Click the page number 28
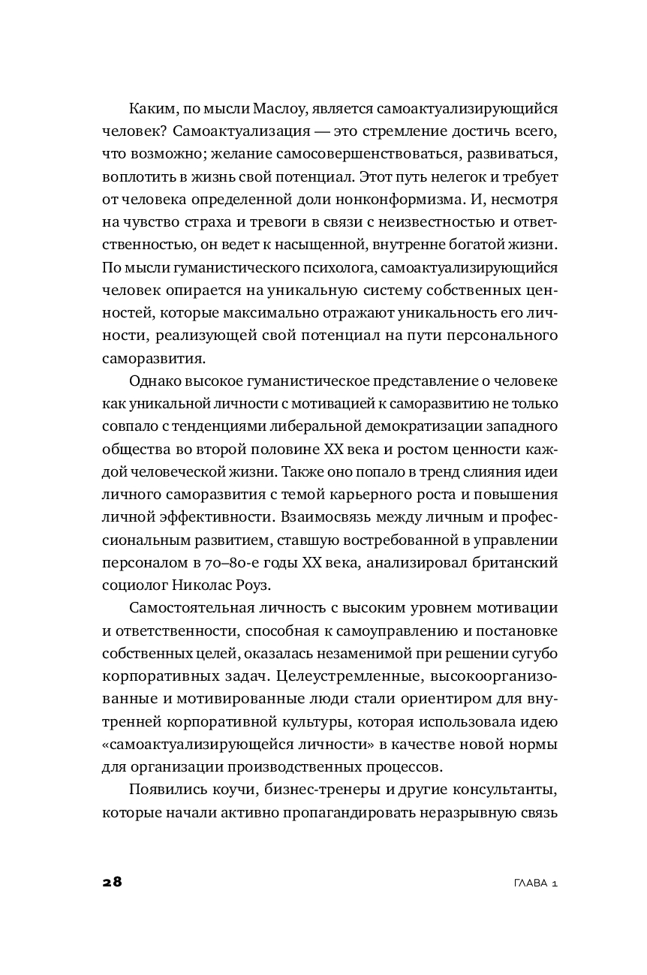[x=112, y=881]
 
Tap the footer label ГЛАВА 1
[x=532, y=883]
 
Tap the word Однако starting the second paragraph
[x=156, y=380]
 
